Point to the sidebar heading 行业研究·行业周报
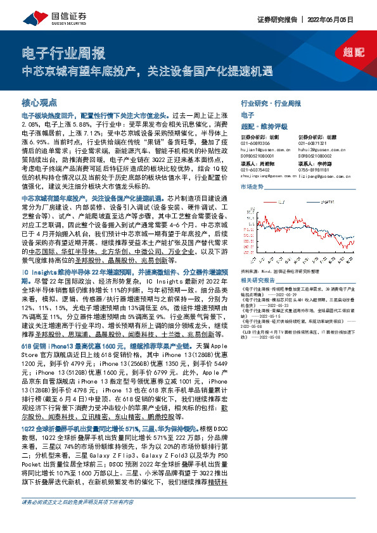(x=271, y=103)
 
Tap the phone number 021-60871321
(x=314, y=143)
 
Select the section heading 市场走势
(x=252, y=187)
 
